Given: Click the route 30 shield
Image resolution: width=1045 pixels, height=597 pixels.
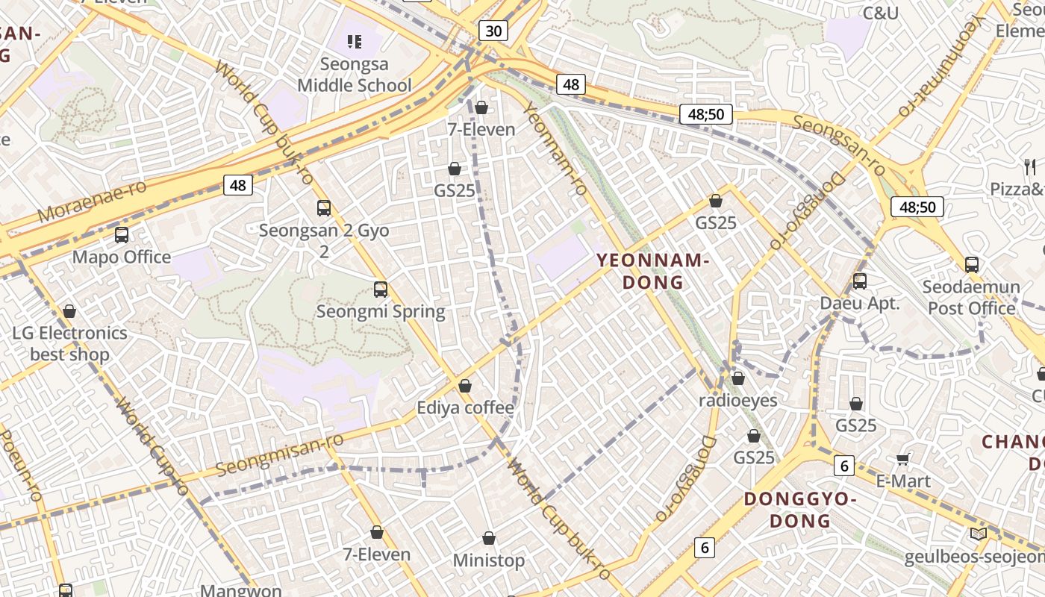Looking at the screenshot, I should tap(493, 31).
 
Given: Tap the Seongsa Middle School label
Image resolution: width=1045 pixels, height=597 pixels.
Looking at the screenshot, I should tap(355, 75).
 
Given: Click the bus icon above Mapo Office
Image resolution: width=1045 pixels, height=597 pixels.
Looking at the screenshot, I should tap(122, 235).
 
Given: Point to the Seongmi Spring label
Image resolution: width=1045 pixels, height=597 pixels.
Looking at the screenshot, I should tap(381, 311).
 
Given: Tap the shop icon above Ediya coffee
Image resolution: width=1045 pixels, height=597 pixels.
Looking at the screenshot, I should tap(465, 386).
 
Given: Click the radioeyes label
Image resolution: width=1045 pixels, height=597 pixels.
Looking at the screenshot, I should tap(737, 401).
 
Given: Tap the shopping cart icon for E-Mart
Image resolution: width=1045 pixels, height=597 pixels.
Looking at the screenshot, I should tap(903, 460).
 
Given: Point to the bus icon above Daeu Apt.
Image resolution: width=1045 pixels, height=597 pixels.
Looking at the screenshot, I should tap(860, 281).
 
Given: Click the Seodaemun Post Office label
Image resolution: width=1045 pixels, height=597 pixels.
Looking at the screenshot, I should tap(971, 298).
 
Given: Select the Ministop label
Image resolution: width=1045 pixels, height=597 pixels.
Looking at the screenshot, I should tap(489, 560).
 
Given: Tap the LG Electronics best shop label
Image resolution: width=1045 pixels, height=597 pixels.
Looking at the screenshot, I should tap(69, 343).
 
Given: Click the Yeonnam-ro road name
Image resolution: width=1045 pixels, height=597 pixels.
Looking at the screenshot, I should tap(555, 150).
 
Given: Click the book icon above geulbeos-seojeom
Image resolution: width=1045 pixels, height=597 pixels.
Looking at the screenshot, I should tap(978, 534).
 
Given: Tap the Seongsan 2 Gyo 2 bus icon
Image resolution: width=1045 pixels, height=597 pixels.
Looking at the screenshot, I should tap(324, 208).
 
